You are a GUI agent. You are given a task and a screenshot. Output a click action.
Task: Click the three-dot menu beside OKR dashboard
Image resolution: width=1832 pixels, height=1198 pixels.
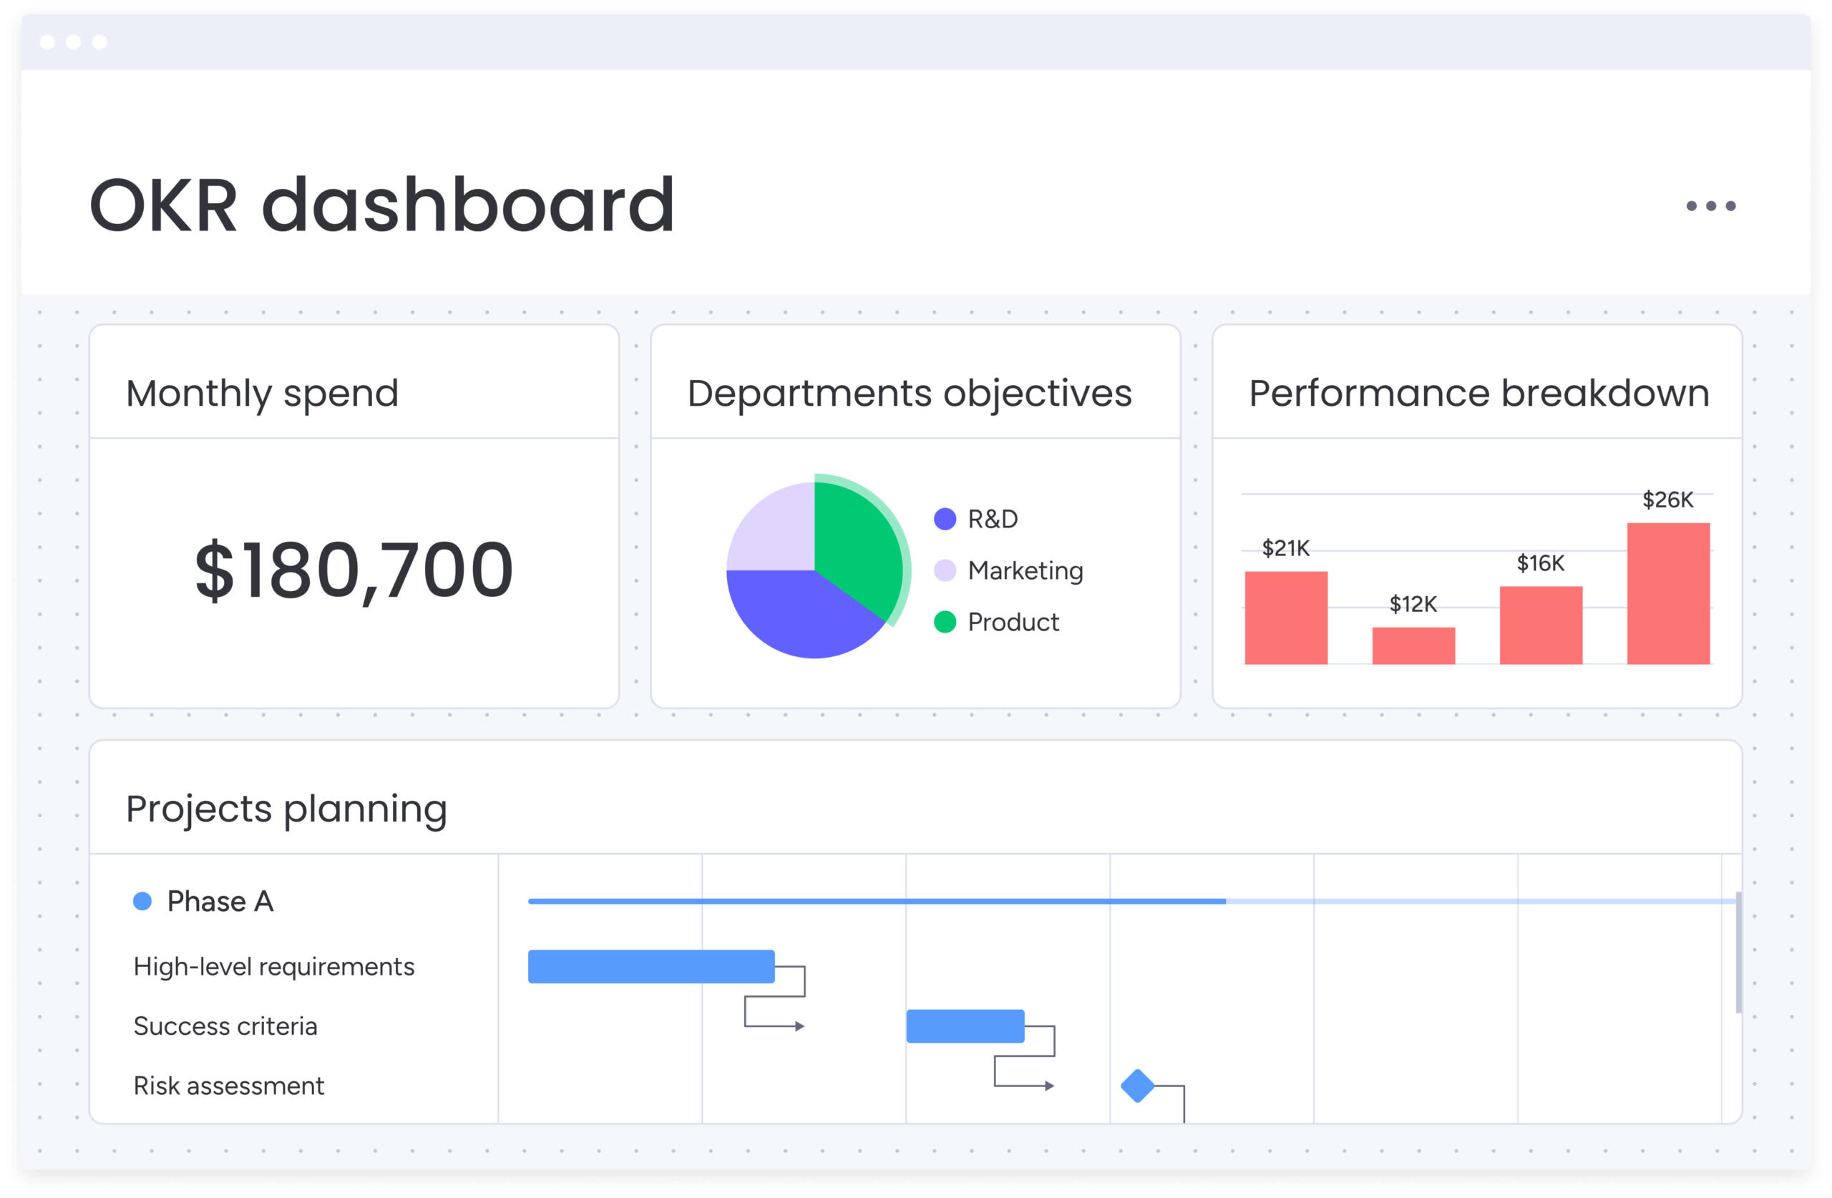(1710, 205)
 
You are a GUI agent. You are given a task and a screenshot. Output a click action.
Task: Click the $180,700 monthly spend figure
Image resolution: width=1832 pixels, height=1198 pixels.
(354, 570)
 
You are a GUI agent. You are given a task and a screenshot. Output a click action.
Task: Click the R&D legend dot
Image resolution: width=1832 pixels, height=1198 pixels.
(945, 519)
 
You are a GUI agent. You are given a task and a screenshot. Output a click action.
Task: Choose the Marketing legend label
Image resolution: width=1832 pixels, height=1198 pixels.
(1025, 570)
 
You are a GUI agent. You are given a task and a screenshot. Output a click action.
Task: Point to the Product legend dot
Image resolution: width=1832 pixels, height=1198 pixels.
(945, 621)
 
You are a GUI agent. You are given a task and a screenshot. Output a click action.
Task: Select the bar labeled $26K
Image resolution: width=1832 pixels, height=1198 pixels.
(1668, 593)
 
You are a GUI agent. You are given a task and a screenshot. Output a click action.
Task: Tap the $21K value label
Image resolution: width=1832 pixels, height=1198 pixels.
(1285, 548)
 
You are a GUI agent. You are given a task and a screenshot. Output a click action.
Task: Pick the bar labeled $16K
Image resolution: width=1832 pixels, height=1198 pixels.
(1540, 625)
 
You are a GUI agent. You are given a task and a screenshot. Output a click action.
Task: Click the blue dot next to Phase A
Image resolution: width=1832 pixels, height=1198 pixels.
(142, 901)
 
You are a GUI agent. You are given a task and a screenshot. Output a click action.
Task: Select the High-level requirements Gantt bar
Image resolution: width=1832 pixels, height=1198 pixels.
(651, 966)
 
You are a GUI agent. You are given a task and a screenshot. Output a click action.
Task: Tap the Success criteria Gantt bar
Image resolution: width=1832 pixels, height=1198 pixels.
(965, 1026)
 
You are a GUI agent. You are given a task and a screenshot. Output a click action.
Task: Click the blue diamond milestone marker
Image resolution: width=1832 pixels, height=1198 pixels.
(1138, 1086)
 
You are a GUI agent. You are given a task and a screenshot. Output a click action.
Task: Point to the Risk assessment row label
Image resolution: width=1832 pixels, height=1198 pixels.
(228, 1086)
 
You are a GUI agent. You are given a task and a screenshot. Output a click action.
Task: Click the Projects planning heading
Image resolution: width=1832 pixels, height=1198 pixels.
(286, 809)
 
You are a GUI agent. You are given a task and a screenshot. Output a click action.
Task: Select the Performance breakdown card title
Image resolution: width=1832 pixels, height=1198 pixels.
(1478, 394)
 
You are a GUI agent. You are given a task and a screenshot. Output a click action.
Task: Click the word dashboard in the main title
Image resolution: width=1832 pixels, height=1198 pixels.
(468, 205)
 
